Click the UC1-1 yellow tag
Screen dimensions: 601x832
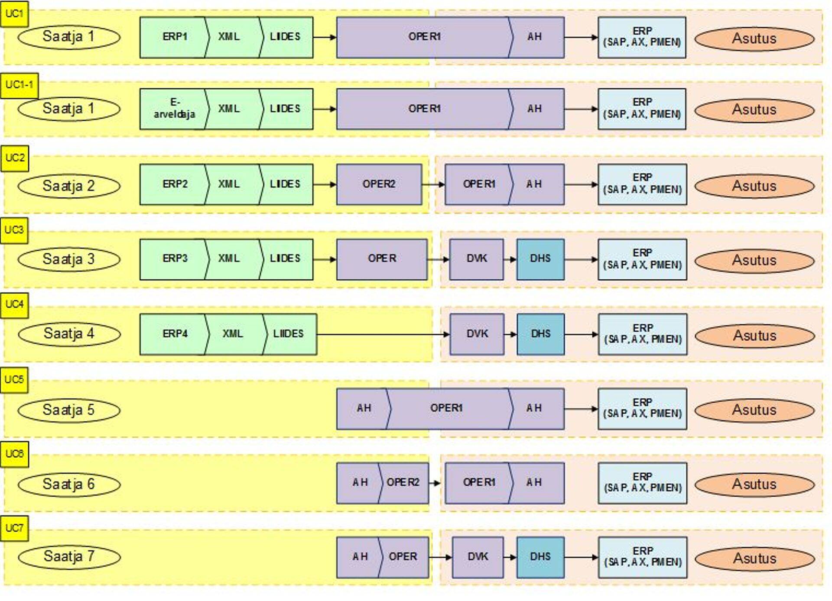19,85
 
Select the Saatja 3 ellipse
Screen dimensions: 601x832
68,259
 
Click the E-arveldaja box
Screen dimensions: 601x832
173,109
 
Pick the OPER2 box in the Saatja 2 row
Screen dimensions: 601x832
379,184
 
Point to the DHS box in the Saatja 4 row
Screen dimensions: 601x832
540,334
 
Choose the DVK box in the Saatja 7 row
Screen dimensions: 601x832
478,557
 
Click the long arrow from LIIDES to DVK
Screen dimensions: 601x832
381,334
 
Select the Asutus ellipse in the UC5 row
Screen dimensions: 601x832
754,410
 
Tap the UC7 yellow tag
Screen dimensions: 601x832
14,528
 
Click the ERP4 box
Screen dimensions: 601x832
174,334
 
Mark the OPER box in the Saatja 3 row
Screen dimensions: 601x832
381,259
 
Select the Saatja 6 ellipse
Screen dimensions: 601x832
68,485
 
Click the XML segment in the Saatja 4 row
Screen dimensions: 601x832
233,334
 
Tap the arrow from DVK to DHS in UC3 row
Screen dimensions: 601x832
510,259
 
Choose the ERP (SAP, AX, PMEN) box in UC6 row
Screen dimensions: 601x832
642,483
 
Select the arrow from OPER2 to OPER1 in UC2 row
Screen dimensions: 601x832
433,184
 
